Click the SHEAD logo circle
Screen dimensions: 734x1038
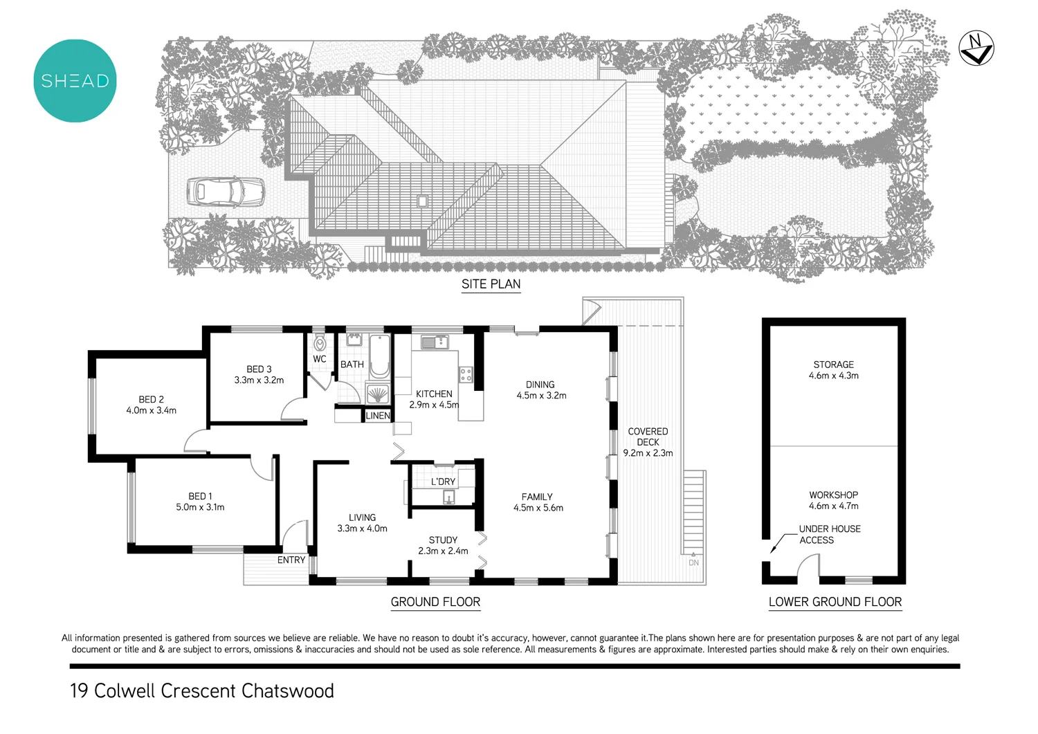pyautogui.click(x=75, y=81)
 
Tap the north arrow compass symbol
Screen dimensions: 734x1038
pyautogui.click(x=976, y=48)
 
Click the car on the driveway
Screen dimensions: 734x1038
pyautogui.click(x=226, y=192)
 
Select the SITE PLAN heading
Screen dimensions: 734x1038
pyautogui.click(x=491, y=284)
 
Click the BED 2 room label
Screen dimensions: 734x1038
pyautogui.click(x=151, y=399)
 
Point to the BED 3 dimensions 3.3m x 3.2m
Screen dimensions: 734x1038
pyautogui.click(x=259, y=380)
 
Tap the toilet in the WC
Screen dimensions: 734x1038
pyautogui.click(x=319, y=342)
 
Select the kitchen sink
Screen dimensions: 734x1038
pyautogui.click(x=434, y=342)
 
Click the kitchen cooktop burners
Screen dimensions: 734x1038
pyautogui.click(x=466, y=375)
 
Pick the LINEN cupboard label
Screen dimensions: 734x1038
pyautogui.click(x=378, y=416)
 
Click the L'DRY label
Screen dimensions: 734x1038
pyautogui.click(x=443, y=481)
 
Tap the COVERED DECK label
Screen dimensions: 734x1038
pyautogui.click(x=648, y=437)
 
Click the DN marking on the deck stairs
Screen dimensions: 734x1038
pyautogui.click(x=693, y=562)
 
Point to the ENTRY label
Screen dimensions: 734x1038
pyautogui.click(x=291, y=560)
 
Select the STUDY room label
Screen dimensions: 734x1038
pyautogui.click(x=443, y=540)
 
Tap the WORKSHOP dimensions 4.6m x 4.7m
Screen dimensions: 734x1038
pyautogui.click(x=833, y=506)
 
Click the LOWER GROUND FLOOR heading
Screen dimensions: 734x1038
pyautogui.click(x=835, y=602)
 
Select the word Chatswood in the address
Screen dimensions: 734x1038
pyautogui.click(x=288, y=691)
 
